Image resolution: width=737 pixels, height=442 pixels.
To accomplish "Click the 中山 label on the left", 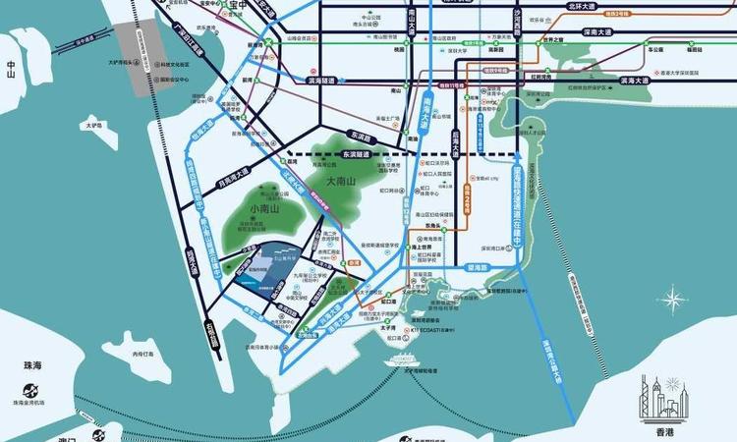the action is (x=12, y=69).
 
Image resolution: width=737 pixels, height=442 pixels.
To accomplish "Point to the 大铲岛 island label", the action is (x=94, y=126).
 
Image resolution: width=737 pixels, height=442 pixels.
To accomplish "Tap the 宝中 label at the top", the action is (x=237, y=5).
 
